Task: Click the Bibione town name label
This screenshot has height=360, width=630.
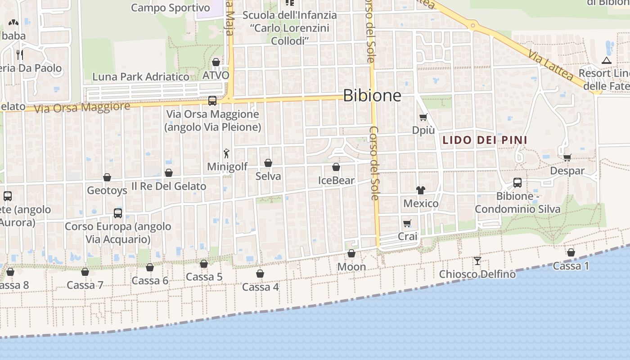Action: pyautogui.click(x=372, y=95)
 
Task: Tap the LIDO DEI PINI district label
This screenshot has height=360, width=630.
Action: pyautogui.click(x=485, y=140)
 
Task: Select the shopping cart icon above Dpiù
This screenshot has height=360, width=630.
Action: pyautogui.click(x=423, y=117)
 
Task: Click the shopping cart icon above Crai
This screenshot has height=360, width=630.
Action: pyautogui.click(x=407, y=223)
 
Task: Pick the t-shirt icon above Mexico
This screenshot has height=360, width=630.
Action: pyautogui.click(x=421, y=190)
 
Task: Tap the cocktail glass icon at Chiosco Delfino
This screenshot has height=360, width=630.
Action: pyautogui.click(x=477, y=261)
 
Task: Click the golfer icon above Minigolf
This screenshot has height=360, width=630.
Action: pyautogui.click(x=226, y=153)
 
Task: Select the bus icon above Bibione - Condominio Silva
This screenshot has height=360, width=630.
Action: pyautogui.click(x=517, y=183)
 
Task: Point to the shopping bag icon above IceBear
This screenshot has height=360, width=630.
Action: pyautogui.click(x=336, y=167)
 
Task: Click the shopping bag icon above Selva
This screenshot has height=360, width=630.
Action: pyautogui.click(x=268, y=163)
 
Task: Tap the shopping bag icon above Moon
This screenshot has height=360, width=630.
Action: pyautogui.click(x=351, y=254)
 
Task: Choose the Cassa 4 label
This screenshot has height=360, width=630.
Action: pyautogui.click(x=261, y=287)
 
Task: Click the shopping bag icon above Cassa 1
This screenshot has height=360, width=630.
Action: pyautogui.click(x=571, y=253)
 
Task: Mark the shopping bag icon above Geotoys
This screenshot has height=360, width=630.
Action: pyautogui.click(x=107, y=178)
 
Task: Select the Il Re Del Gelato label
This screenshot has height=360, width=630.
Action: pyautogui.click(x=169, y=186)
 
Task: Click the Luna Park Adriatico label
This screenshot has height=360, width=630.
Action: pyautogui.click(x=141, y=77)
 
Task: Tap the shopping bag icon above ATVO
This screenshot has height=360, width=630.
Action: pyautogui.click(x=216, y=62)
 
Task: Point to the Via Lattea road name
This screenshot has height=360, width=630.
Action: pyautogui.click(x=551, y=66)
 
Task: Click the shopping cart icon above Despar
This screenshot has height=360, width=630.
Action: pyautogui.click(x=567, y=157)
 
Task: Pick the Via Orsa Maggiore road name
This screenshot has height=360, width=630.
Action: pyautogui.click(x=82, y=108)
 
